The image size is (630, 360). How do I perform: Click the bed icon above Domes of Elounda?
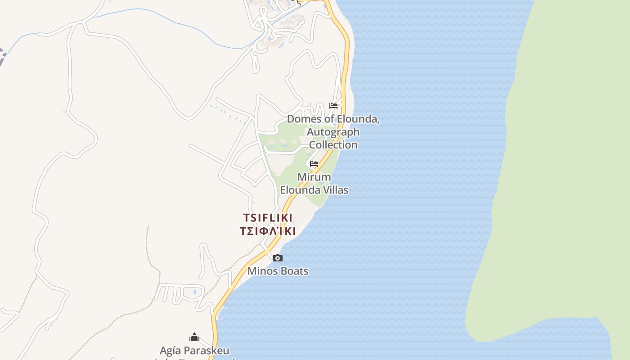(x=333, y=106)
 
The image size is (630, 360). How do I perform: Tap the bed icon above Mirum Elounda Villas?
(x=314, y=163)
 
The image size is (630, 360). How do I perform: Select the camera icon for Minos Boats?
(x=278, y=258)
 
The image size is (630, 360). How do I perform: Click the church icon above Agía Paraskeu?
(x=194, y=337)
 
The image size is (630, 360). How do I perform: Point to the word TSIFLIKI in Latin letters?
(x=268, y=218)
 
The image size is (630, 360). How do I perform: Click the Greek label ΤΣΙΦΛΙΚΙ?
(x=268, y=231)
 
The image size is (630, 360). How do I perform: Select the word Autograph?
(x=333, y=132)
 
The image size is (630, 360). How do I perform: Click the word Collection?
(x=333, y=145)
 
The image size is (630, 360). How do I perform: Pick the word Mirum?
(x=314, y=177)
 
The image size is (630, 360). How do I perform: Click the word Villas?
(x=333, y=190)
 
